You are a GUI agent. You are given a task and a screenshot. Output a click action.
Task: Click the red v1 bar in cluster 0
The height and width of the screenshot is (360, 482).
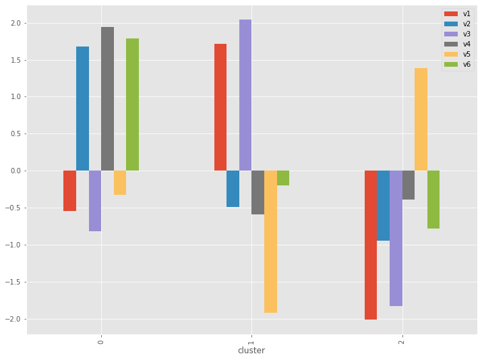click(69, 191)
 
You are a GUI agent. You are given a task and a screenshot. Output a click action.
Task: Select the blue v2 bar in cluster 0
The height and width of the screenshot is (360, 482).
click(82, 109)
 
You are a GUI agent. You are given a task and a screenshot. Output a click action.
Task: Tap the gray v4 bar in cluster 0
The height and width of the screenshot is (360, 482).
click(107, 99)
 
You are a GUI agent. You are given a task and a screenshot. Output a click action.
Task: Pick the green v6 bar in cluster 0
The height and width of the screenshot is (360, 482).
click(132, 104)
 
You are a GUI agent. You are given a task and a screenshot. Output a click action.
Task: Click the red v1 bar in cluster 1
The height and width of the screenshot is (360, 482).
click(220, 107)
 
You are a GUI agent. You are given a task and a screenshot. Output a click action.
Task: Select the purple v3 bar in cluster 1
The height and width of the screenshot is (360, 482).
click(245, 95)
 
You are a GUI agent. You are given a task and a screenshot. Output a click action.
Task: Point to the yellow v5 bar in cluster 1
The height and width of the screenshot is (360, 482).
click(270, 241)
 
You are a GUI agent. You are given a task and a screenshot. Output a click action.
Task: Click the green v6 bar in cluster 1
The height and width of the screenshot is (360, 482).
click(283, 178)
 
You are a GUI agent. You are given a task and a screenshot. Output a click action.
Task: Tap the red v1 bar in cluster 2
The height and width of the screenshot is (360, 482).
click(371, 245)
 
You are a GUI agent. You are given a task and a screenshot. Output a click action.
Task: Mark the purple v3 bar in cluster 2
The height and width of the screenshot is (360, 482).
click(396, 239)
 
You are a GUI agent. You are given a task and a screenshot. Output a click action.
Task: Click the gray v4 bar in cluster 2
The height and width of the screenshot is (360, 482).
click(409, 185)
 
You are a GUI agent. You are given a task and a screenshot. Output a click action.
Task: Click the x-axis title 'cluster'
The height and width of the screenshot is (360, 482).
click(251, 351)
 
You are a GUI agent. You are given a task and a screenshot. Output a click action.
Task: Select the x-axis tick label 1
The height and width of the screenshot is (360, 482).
click(251, 339)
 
